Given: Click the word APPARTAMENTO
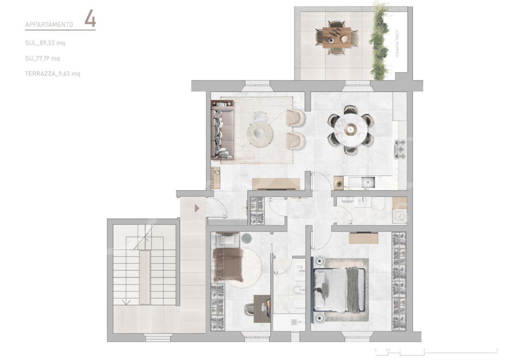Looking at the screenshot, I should coord(49,24).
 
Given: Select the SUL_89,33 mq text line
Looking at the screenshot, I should coord(45,43).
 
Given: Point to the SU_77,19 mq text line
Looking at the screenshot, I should coord(42,58).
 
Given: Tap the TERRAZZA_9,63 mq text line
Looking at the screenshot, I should coord(52,73).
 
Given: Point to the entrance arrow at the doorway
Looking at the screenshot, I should coord(197,207).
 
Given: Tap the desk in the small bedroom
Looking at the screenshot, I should coord(262,305).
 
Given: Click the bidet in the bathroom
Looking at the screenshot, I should coord(298,290).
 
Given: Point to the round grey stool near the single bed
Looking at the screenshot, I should coord(247,238).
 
